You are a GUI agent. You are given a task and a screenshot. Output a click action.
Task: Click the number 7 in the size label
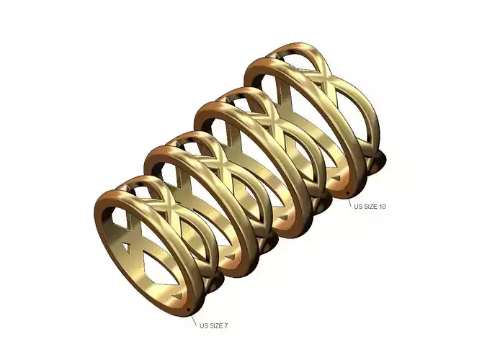(x=226, y=326)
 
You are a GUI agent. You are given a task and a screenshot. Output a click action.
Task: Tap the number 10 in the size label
(x=381, y=207)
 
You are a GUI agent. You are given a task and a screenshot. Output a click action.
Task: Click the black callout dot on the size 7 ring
(x=189, y=310)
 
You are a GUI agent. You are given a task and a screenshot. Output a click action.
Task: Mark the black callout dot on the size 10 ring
(x=347, y=193)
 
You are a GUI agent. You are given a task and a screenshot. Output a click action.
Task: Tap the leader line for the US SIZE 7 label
(x=194, y=318)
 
